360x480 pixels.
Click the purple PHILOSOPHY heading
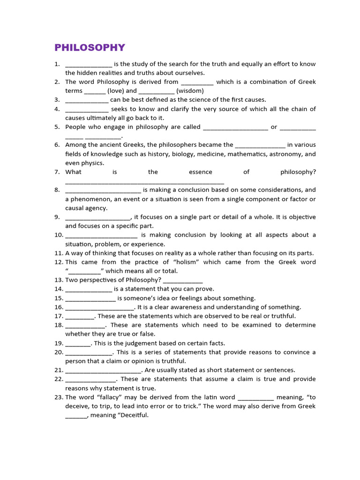point(90,47)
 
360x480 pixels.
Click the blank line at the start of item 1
point(89,65)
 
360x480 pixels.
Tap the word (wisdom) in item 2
point(190,91)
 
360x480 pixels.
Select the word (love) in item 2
point(115,91)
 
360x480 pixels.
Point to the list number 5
point(57,127)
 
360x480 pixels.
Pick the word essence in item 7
point(201,172)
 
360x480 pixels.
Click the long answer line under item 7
point(144,182)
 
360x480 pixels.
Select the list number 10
point(58,235)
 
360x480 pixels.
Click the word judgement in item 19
point(133,343)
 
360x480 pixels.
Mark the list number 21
point(58,370)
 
